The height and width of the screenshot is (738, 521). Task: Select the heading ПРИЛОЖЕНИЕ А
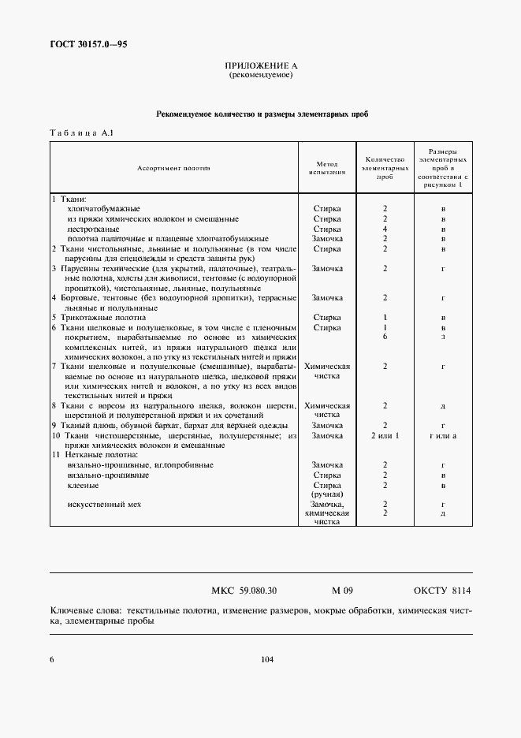point(261,66)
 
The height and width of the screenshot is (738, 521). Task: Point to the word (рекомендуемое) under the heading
point(261,76)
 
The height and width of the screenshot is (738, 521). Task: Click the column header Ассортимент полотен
point(174,168)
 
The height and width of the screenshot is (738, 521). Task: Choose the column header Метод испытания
point(327,166)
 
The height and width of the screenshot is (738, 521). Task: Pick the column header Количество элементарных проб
point(385,168)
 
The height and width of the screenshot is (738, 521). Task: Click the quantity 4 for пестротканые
point(385,229)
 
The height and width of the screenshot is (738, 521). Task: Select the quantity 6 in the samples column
point(385,337)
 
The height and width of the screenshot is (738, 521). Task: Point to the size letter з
point(444,337)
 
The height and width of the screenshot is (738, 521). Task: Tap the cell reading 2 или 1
point(385,435)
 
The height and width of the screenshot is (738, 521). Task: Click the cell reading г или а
point(444,435)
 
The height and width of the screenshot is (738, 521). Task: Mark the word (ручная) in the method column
point(327,494)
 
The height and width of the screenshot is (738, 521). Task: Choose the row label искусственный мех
point(105,504)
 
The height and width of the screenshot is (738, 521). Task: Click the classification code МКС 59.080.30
point(244,590)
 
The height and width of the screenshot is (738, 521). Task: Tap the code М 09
point(343,590)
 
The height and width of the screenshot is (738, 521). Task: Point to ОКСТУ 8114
point(442,590)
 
